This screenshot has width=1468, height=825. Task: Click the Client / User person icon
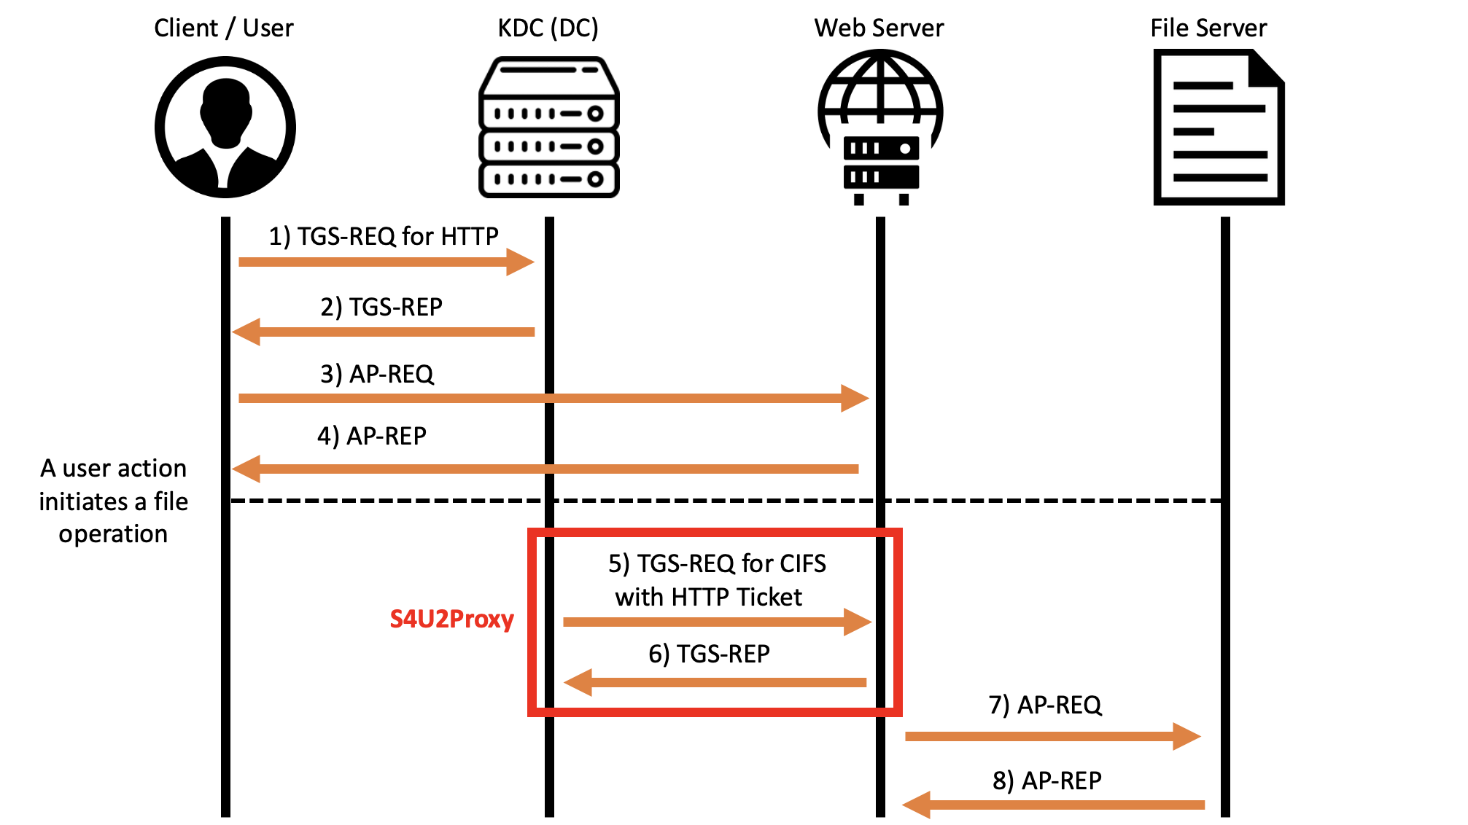pos(225,128)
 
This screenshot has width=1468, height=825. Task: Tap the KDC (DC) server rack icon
pos(548,128)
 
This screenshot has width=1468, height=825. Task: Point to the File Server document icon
pos(1218,128)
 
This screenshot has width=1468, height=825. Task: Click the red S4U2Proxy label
pos(451,619)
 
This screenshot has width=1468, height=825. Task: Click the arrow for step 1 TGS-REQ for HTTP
pos(386,262)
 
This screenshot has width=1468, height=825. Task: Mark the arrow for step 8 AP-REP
pos(1053,805)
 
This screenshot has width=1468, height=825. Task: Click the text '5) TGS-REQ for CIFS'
pos(717,563)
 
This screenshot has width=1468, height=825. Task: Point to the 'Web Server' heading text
pos(879,28)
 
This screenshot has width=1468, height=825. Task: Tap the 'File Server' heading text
pos(1208,28)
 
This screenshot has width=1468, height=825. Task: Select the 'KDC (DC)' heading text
pos(548,28)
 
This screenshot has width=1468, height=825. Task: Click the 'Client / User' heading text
pos(223,28)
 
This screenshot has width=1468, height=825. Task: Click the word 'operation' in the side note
pos(113,534)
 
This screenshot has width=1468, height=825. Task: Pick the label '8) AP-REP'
pos(1046,781)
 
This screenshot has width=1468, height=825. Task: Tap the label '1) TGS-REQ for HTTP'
pos(384,236)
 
